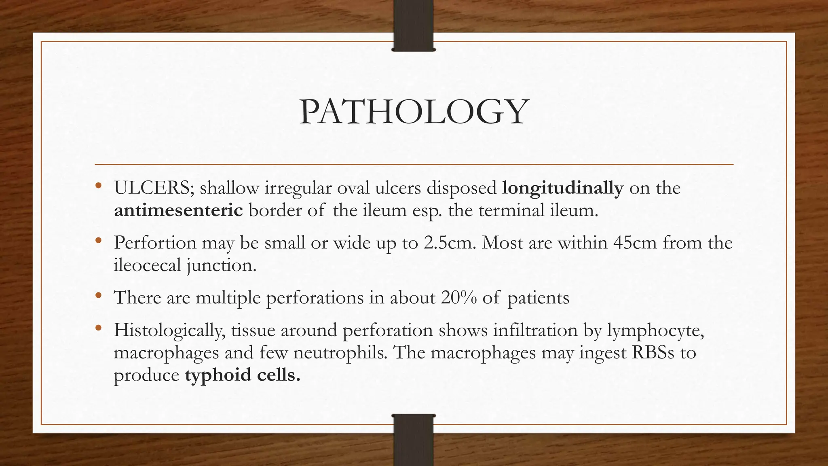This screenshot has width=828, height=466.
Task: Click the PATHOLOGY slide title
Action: tap(414, 112)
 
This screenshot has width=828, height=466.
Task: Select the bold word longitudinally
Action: tap(563, 188)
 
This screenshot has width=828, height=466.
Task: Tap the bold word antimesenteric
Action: tap(178, 211)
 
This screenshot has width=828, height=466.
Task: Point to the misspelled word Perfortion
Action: tap(155, 243)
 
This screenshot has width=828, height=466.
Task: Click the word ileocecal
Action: tap(147, 265)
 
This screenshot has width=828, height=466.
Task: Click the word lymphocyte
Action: tap(656, 330)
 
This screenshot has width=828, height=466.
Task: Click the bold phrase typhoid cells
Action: tap(243, 375)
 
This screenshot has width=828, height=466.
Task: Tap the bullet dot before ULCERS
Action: tap(98, 186)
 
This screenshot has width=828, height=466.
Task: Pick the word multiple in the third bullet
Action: tap(228, 298)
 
